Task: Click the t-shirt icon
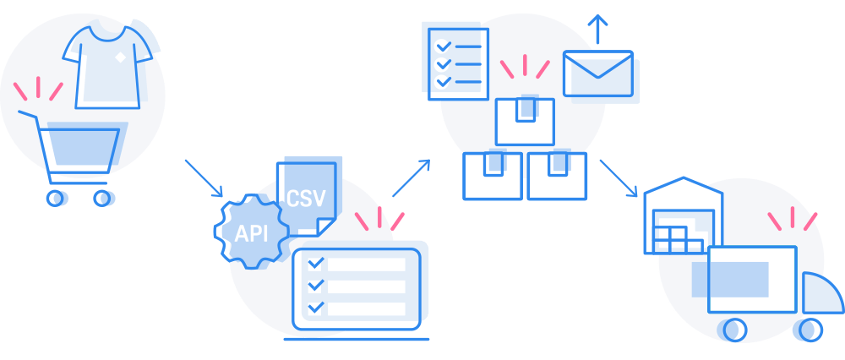click(107, 67)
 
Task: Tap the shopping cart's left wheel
click(55, 198)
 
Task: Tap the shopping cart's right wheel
click(102, 198)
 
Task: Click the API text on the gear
click(251, 233)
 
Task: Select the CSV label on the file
click(306, 198)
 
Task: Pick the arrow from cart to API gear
click(204, 178)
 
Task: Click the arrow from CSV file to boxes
click(412, 177)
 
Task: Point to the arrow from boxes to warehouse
click(619, 178)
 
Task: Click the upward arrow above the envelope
click(597, 29)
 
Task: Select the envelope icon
click(597, 74)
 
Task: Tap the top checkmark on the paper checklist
click(443, 46)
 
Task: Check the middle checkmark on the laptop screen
click(315, 286)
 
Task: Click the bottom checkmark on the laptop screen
click(315, 308)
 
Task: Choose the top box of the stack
click(525, 122)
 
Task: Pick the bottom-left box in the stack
click(493, 177)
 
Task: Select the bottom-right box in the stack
click(557, 177)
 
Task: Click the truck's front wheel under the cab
click(810, 330)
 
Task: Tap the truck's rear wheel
click(734, 330)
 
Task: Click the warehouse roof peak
click(684, 177)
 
